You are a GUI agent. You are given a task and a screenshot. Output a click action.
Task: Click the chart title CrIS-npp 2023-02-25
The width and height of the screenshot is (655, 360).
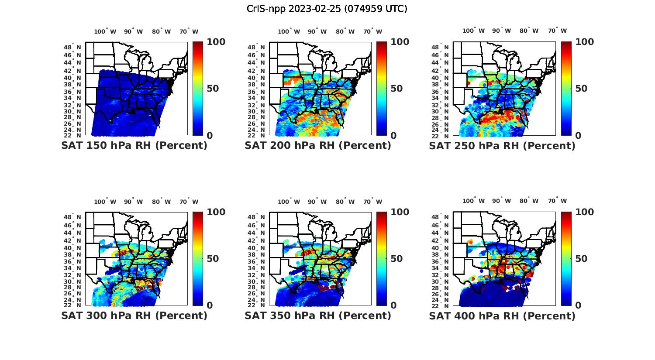tap(327, 9)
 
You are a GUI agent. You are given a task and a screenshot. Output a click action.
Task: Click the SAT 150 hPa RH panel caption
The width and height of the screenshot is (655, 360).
tap(134, 146)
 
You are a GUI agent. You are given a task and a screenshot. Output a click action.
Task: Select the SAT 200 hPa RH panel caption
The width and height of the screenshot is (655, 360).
tap(318, 146)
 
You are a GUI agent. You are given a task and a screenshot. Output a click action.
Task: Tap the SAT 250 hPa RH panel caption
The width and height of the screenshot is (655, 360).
tap(502, 146)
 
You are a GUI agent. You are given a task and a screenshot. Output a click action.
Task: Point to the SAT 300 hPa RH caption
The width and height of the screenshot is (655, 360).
tap(134, 315)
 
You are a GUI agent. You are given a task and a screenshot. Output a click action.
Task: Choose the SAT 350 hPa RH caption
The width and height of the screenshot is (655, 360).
tap(318, 315)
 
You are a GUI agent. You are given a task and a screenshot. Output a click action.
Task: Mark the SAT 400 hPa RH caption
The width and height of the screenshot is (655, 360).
tap(502, 315)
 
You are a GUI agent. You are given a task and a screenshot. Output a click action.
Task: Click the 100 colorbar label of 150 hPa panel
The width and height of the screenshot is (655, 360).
tap(216, 42)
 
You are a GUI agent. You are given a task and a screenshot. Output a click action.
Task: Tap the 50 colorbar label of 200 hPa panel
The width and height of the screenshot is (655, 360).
tap(396, 89)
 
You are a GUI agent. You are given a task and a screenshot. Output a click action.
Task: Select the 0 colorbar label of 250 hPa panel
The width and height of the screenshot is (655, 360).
tap(578, 136)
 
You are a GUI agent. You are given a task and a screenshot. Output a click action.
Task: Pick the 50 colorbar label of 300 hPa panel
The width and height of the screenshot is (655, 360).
tap(213, 259)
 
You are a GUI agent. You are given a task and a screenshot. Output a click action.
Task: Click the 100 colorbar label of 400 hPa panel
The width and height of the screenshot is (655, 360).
tap(585, 212)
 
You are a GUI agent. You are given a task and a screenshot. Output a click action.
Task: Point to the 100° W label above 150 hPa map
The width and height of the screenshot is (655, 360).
tap(105, 31)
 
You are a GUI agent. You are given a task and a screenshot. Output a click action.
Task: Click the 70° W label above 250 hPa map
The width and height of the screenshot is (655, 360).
tap(557, 31)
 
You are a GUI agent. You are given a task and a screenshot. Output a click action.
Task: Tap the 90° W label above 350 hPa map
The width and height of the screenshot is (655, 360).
tap(317, 202)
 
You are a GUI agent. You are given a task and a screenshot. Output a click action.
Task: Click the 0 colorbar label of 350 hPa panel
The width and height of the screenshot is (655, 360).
tap(393, 305)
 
